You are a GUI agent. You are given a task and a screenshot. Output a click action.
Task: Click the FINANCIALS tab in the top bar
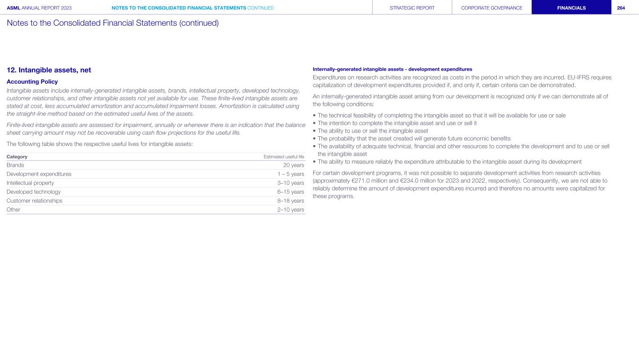(571, 8)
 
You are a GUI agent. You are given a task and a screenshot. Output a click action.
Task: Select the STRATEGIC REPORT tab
(412, 8)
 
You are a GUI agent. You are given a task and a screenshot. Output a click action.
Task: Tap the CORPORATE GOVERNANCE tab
(492, 8)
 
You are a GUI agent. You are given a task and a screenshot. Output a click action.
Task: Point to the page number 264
(621, 8)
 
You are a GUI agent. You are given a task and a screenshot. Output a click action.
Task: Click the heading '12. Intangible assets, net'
(49, 70)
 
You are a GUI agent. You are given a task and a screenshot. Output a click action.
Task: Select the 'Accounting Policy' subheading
(32, 81)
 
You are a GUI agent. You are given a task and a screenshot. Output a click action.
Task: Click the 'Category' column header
(17, 156)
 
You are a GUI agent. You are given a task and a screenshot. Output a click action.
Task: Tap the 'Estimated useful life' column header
(284, 156)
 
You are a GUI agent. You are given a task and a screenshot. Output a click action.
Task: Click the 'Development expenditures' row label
(39, 174)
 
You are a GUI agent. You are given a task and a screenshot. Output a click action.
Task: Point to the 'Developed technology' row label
(33, 192)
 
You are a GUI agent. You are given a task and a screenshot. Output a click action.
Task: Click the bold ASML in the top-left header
(14, 8)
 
